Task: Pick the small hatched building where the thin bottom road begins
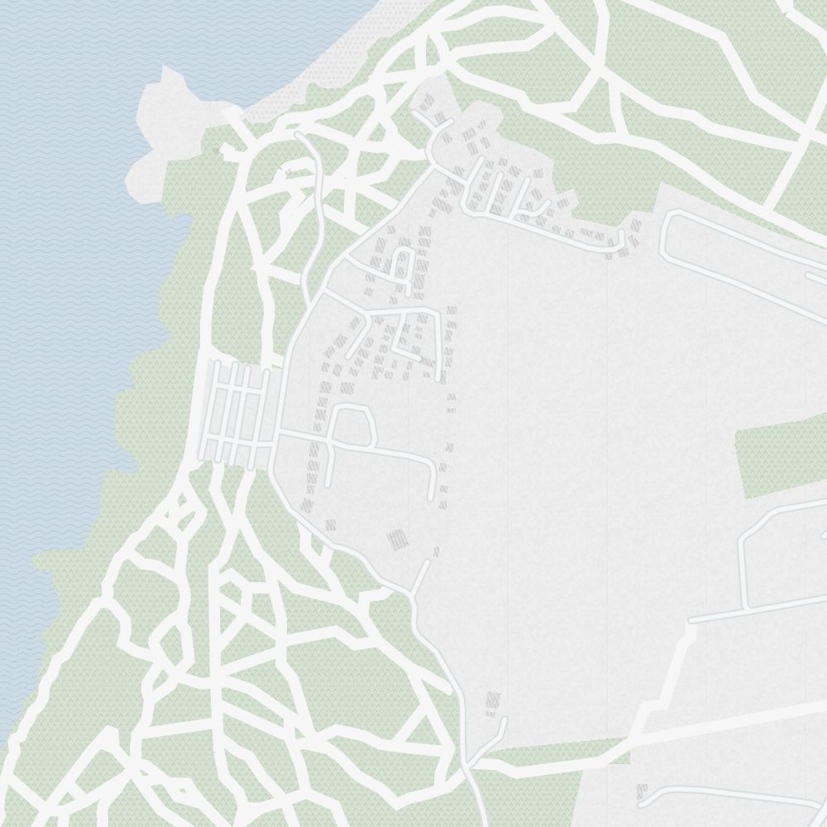642,791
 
